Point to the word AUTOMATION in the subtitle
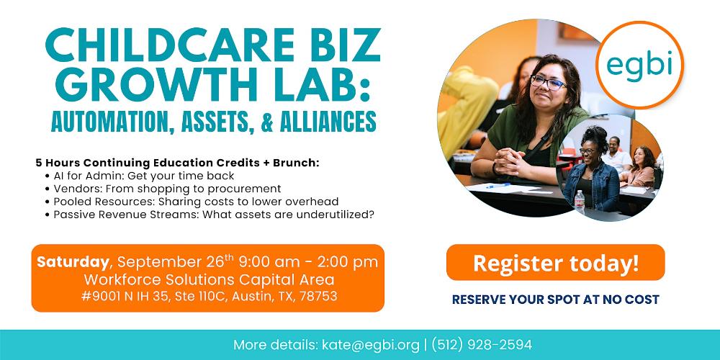pyautogui.click(x=109, y=121)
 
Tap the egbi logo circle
pyautogui.click(x=639, y=66)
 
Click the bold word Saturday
pyautogui.click(x=73, y=262)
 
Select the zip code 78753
pyautogui.click(x=318, y=296)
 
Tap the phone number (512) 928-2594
pyautogui.click(x=482, y=345)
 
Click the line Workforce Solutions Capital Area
pyautogui.click(x=209, y=279)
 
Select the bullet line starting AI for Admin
pyautogui.click(x=140, y=176)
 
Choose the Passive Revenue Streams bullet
pyautogui.click(x=210, y=215)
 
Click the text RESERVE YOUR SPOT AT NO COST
pyautogui.click(x=556, y=300)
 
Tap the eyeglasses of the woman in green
pyautogui.click(x=548, y=83)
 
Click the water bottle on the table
pyautogui.click(x=580, y=202)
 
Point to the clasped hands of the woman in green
pyautogui.click(x=511, y=161)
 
